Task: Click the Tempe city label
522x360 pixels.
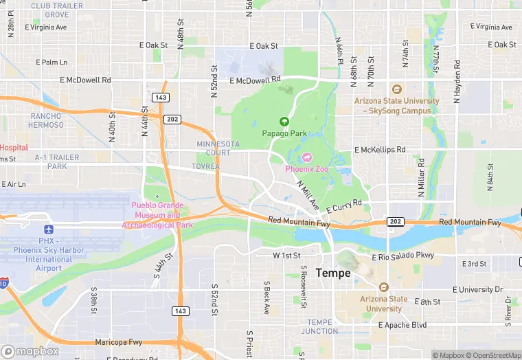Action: [x=333, y=273]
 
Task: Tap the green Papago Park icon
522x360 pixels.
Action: [x=284, y=122]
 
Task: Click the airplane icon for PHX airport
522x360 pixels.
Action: [x=48, y=229]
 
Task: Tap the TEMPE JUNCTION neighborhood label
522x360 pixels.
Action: [x=319, y=326]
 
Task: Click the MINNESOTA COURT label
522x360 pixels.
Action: [x=218, y=148]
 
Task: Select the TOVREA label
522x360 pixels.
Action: [x=206, y=166]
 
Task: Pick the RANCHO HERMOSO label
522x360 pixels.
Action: [x=47, y=121]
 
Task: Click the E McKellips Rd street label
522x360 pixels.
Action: [x=380, y=150]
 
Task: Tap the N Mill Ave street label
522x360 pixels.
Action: [x=308, y=196]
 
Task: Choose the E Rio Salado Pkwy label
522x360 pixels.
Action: [x=403, y=257]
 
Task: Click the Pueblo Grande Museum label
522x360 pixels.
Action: [x=157, y=215]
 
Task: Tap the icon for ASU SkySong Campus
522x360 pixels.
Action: [x=396, y=89]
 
